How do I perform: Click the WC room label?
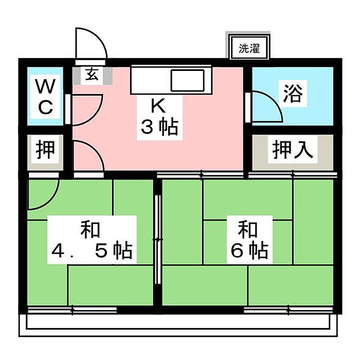point(45,97)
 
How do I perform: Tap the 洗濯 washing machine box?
point(249,47)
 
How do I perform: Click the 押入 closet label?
point(293,150)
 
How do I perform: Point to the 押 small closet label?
point(45,150)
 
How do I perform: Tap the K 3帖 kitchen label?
point(159,117)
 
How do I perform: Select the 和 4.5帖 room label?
point(92,240)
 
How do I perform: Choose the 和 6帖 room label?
point(249,240)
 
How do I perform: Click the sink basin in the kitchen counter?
point(188,80)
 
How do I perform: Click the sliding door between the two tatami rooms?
point(158,240)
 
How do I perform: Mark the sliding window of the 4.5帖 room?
point(72,310)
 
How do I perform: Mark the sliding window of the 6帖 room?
point(289,310)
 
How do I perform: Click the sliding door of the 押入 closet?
point(293,175)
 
